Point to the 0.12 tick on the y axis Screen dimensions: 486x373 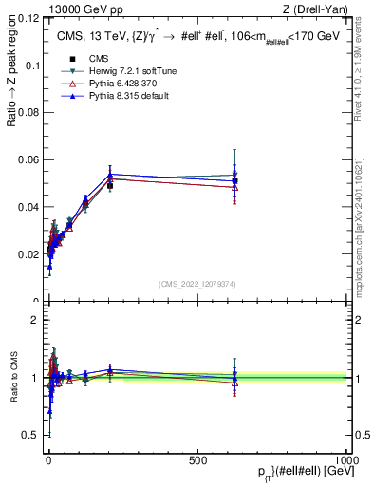(x=29, y=18)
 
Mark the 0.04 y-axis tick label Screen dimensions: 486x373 (x=29, y=207)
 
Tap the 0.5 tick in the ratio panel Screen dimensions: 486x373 (x=31, y=436)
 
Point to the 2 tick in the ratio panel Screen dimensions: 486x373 (x=35, y=320)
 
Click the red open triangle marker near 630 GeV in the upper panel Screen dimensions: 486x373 (x=234, y=187)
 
